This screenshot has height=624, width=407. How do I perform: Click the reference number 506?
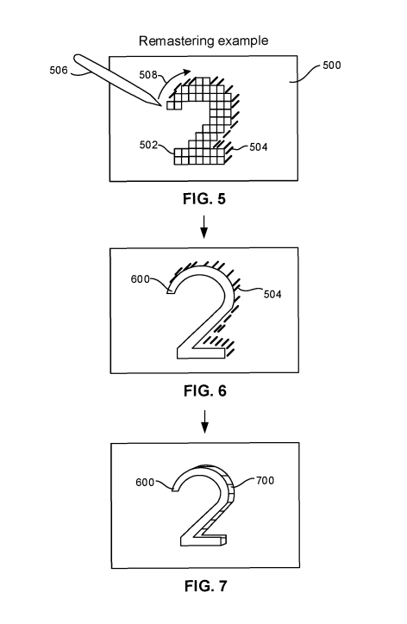59,71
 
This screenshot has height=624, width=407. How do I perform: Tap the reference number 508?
148,75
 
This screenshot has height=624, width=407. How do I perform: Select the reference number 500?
332,66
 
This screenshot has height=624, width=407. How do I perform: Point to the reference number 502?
148,145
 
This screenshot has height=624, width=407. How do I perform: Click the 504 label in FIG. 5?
259,147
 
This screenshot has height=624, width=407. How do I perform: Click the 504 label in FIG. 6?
272,295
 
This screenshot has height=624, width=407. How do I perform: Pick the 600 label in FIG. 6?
141,279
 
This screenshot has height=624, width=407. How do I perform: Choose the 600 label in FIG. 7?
145,483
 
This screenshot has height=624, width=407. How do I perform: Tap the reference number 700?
266,481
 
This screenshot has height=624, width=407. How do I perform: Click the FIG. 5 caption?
204,198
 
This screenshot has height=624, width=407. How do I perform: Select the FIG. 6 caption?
205,391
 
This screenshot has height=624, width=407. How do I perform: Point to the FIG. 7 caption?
205,586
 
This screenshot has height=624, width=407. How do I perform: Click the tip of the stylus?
161,106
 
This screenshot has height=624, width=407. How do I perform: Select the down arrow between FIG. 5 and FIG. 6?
203,227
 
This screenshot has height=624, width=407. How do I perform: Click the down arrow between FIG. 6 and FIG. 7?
204,421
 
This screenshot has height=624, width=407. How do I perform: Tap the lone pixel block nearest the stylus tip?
171,105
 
